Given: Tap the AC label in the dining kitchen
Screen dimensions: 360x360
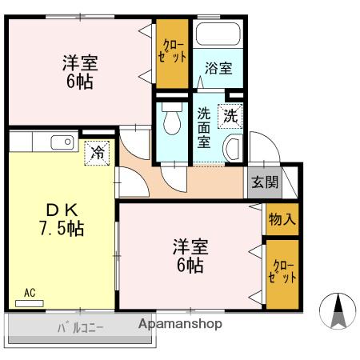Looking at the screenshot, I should pyautogui.click(x=30, y=293).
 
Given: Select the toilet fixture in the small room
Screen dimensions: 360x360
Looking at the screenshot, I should pyautogui.click(x=169, y=122).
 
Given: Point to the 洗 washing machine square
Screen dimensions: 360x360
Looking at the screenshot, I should pyautogui.click(x=230, y=115).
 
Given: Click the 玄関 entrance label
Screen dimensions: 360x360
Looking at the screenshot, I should pyautogui.click(x=266, y=181).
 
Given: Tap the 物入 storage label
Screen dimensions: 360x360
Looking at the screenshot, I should pyautogui.click(x=282, y=218).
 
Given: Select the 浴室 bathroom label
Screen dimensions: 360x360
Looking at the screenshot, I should pyautogui.click(x=218, y=69).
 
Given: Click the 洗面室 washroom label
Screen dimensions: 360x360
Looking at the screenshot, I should pyautogui.click(x=205, y=127).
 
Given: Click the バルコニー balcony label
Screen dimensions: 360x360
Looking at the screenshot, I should pyautogui.click(x=79, y=327).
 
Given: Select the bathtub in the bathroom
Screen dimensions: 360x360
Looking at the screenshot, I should pyautogui.click(x=218, y=34).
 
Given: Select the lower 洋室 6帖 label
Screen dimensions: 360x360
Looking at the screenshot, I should pyautogui.click(x=190, y=255).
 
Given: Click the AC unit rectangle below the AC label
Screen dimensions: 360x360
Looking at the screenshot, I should pyautogui.click(x=29, y=303).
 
